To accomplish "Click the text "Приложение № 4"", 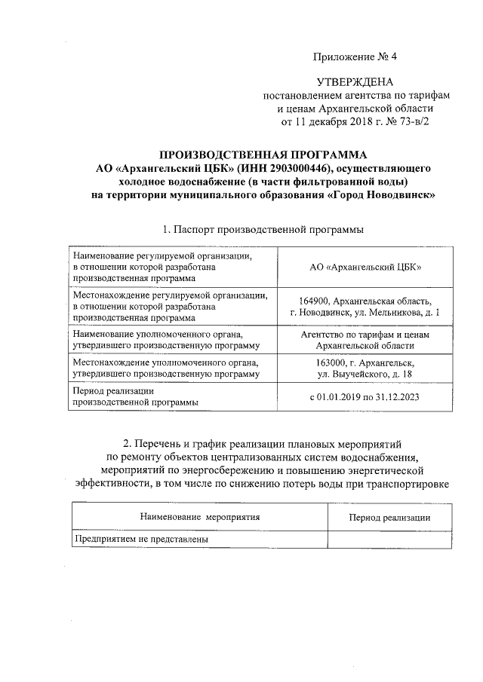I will [x=354, y=57].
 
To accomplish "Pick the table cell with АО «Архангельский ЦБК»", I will [x=365, y=267].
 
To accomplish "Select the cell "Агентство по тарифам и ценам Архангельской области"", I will [x=365, y=339].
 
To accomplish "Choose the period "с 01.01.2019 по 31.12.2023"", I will [x=365, y=396].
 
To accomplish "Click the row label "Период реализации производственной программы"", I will [x=136, y=396].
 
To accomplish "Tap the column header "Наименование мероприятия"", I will [x=200, y=518].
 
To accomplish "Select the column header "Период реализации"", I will [x=389, y=518].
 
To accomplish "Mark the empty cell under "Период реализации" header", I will [x=389, y=540].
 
